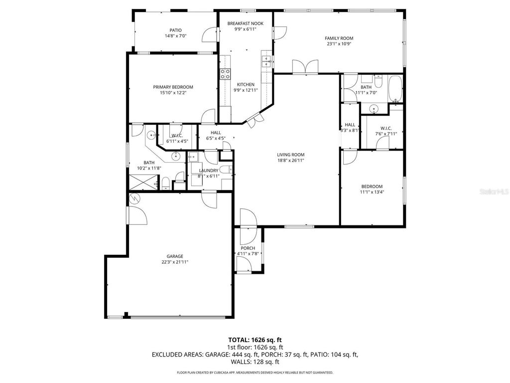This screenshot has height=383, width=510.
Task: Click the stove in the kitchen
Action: pos(226,74)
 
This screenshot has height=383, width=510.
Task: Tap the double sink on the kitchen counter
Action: pos(266,61)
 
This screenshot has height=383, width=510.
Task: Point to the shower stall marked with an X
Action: pos(142,184)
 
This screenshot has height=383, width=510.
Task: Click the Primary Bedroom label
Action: pos(173,87)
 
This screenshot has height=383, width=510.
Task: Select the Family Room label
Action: pos(339,38)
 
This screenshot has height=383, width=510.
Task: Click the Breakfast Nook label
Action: pos(245,23)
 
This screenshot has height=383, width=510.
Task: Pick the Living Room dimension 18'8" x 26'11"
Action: pos(290,161)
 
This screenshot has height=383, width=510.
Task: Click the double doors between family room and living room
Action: pos(305,67)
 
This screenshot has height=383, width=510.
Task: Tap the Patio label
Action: pos(175,30)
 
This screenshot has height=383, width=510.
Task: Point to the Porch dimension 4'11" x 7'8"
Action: pos(248,254)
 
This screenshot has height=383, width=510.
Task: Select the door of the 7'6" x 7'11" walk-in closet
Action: pos(382,143)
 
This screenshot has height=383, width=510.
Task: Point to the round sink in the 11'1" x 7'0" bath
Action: pos(373,109)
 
